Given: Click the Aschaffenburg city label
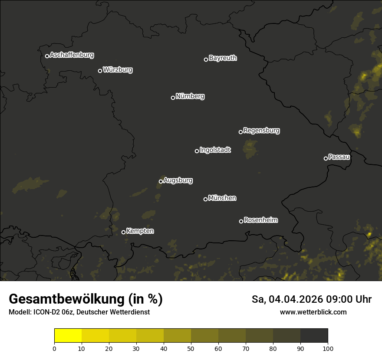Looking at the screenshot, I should pos(72,55).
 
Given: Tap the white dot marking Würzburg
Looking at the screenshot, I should pos(100,71).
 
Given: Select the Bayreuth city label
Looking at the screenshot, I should pos(223,58).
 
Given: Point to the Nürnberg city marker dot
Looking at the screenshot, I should pos(173,98).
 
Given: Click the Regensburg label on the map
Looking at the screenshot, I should pos(261,131).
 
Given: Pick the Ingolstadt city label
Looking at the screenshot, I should pos(215,150).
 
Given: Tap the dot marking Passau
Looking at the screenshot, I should pos(326,158).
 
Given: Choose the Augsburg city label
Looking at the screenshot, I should pos(178,180).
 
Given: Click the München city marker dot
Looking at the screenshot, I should pos(205,199).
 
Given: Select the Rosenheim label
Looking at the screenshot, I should pos(260,220).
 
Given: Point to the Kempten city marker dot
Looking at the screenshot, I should pos(123,232).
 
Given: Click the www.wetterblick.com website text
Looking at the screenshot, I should pos(313,312).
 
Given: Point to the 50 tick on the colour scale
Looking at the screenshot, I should pos(191,348).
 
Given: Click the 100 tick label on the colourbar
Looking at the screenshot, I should pos(328,348).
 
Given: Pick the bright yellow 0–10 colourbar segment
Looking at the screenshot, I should pos(68,336).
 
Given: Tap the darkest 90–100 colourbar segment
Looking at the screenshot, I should pos(314,336).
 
